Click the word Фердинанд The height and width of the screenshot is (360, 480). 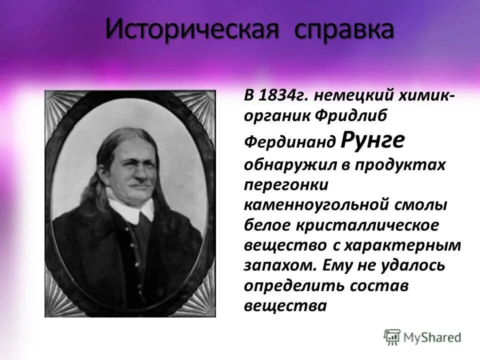click(289, 142)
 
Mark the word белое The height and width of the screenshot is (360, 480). click(269, 225)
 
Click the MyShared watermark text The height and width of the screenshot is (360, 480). click(432, 337)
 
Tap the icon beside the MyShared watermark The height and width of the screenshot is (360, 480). click(392, 336)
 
